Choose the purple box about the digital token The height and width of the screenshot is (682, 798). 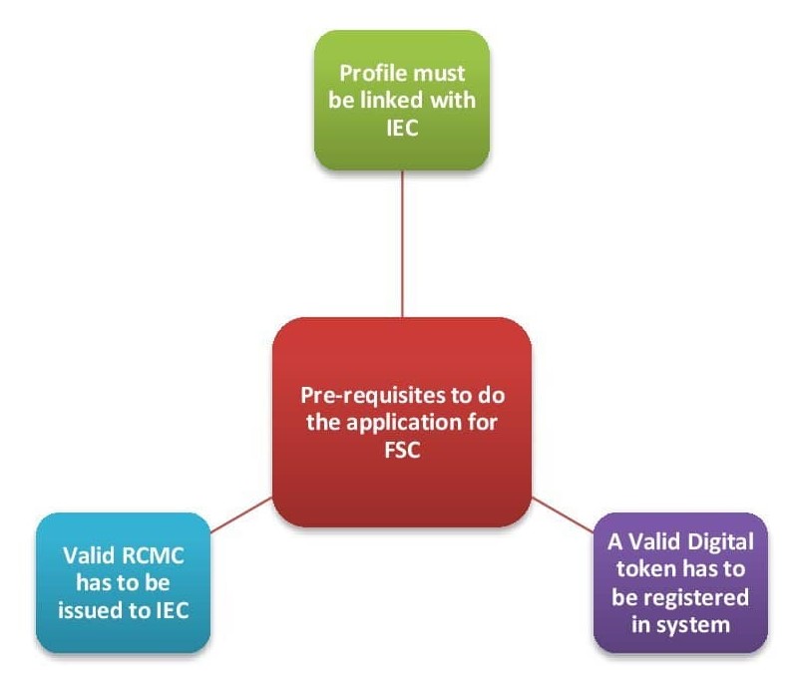[x=680, y=581]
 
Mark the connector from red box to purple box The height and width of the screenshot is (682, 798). [x=564, y=511]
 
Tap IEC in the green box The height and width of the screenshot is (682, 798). [x=402, y=128]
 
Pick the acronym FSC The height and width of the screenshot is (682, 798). [x=401, y=449]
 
